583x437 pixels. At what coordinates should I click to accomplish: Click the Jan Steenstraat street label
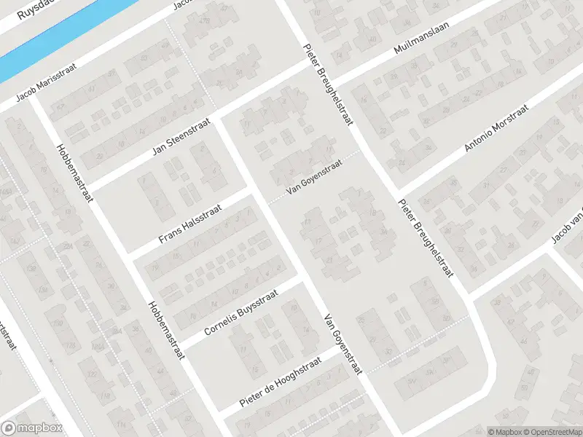(x=176, y=138)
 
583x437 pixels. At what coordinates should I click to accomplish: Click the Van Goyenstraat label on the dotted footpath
(x=313, y=179)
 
